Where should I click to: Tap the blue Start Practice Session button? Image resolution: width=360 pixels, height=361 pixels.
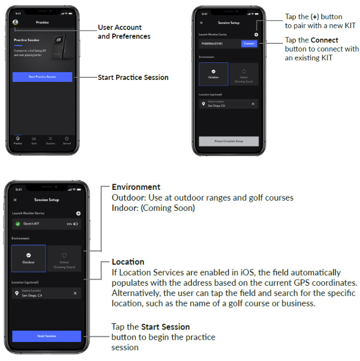[43, 76]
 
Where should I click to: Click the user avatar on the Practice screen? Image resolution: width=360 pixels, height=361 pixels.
[15, 22]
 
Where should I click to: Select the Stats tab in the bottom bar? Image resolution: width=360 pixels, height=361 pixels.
[34, 139]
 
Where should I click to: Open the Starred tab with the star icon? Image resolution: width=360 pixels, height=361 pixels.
[66, 139]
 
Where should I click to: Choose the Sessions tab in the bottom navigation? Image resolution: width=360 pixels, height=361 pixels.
[50, 139]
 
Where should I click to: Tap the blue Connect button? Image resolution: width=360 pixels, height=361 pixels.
[249, 44]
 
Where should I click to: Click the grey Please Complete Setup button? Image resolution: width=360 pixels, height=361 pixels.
[229, 141]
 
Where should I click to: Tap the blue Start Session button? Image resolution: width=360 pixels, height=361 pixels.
[47, 336]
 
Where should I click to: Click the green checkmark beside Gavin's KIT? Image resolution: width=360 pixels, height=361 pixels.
[18, 224]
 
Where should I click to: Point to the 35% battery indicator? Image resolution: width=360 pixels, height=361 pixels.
[72, 224]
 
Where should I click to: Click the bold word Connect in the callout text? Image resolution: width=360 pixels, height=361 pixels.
[325, 40]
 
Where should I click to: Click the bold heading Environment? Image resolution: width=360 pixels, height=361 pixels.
[136, 187]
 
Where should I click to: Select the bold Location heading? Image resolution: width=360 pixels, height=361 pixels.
[128, 262]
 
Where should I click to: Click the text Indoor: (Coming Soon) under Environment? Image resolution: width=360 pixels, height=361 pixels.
[153, 208]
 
